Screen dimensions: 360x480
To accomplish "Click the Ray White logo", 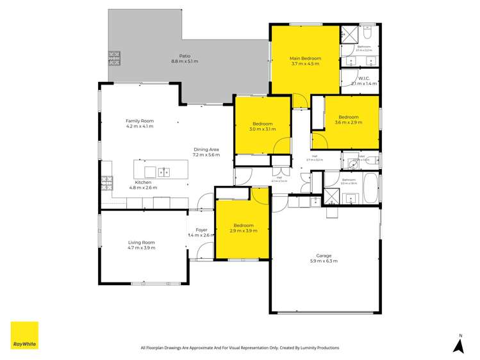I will point(24,335).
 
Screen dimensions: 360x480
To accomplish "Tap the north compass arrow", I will point(458,345).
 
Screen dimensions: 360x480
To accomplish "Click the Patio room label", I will point(185,56).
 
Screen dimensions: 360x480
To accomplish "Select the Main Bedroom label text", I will point(305,58).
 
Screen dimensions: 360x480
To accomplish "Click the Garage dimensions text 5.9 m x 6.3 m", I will point(324,261).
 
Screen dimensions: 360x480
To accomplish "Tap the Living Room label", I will point(142,242).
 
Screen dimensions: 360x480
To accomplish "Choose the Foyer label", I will point(201,229).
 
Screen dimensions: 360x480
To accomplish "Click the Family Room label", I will point(140,120).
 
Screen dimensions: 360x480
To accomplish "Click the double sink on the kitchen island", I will point(163,172).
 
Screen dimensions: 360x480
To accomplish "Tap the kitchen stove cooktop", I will point(106,183).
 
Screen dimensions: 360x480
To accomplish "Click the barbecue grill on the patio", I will point(113,58).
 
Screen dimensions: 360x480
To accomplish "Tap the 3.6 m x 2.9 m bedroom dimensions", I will point(349,122).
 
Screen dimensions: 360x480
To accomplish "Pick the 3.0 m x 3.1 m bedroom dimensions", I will point(263,129).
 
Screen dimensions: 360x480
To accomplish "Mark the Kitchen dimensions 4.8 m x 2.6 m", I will point(143,188).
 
